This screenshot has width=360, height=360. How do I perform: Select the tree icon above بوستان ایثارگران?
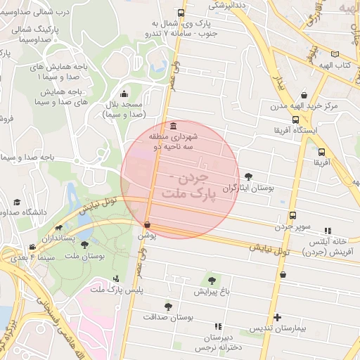tap(247, 176)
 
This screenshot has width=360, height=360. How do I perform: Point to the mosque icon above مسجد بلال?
tap(124, 94)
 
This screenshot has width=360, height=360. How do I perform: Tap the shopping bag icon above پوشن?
tap(147, 225)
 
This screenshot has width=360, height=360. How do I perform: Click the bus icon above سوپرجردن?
tap(292, 215)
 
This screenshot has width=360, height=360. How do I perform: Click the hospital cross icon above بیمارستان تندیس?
tap(278, 317)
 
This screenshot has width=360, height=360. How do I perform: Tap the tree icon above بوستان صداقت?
tap(167, 307)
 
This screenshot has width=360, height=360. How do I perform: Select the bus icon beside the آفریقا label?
tap(321, 152)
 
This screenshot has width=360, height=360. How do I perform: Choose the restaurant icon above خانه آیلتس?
tap(328, 230)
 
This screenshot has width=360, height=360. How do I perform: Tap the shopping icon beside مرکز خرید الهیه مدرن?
tap(303, 95)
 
